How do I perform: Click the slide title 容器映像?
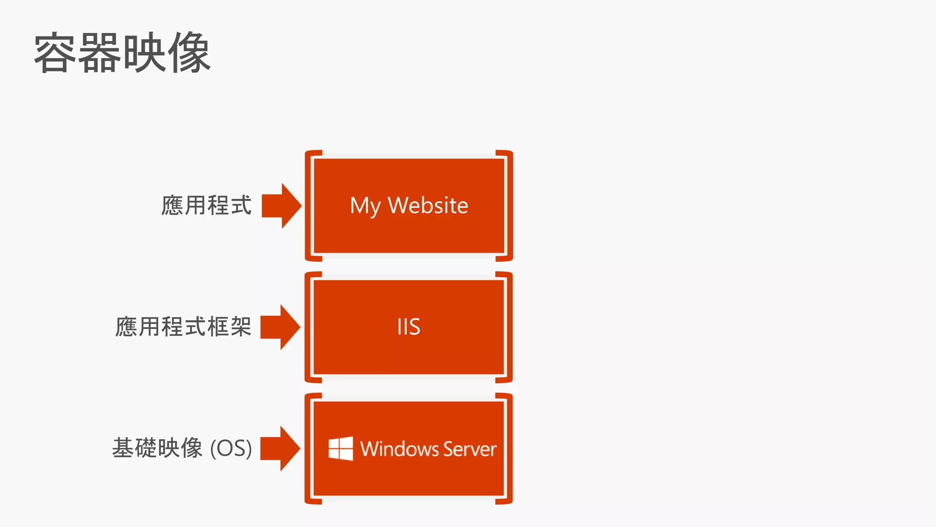click(122, 53)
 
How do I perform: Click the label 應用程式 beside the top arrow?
click(206, 205)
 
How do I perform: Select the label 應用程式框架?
click(183, 327)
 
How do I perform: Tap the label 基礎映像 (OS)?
click(182, 448)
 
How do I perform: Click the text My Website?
click(409, 206)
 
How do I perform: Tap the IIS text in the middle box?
click(409, 327)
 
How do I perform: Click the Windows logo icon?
click(341, 448)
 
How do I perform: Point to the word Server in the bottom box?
click(469, 449)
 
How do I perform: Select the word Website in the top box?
click(428, 205)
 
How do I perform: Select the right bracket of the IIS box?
click(509, 327)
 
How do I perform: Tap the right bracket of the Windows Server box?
click(509, 448)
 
